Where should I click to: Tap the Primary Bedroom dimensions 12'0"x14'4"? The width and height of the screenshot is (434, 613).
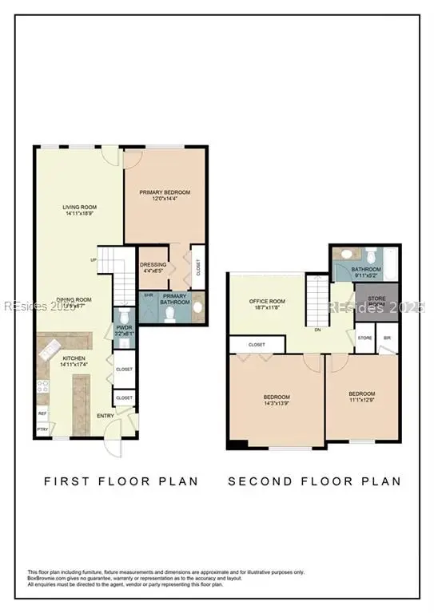[x=163, y=199]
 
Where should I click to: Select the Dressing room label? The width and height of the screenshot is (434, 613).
[x=153, y=264]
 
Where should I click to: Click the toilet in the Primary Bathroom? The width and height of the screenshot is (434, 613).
[x=169, y=313]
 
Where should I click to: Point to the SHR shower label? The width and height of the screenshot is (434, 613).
[x=148, y=295]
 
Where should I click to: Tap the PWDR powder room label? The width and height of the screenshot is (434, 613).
[x=123, y=326]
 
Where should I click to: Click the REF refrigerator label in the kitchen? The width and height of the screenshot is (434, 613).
[x=42, y=413]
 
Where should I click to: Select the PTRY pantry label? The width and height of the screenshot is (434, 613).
[x=42, y=431]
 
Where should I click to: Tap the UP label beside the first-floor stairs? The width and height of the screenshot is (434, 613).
[x=94, y=260]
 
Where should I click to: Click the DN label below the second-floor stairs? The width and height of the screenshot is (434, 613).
[x=317, y=329]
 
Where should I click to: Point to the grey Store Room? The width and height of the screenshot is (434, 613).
[x=371, y=301]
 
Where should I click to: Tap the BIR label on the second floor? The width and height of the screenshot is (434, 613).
[x=388, y=338]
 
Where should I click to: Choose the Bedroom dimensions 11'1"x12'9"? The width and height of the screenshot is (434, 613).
[x=361, y=400]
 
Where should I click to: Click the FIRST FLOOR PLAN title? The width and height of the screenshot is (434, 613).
[x=120, y=481]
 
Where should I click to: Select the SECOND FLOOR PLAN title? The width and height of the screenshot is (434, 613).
[x=314, y=481]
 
